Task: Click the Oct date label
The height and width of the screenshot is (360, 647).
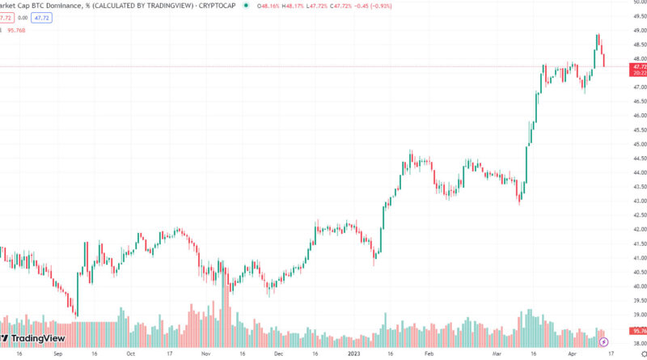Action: click(130, 354)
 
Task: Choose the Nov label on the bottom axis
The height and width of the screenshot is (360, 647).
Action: click(205, 354)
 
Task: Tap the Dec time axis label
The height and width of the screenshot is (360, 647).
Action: click(278, 354)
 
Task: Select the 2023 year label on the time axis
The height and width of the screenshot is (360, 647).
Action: click(354, 354)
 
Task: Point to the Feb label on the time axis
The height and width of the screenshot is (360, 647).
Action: click(429, 354)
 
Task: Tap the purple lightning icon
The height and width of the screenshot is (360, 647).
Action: click(603, 342)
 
